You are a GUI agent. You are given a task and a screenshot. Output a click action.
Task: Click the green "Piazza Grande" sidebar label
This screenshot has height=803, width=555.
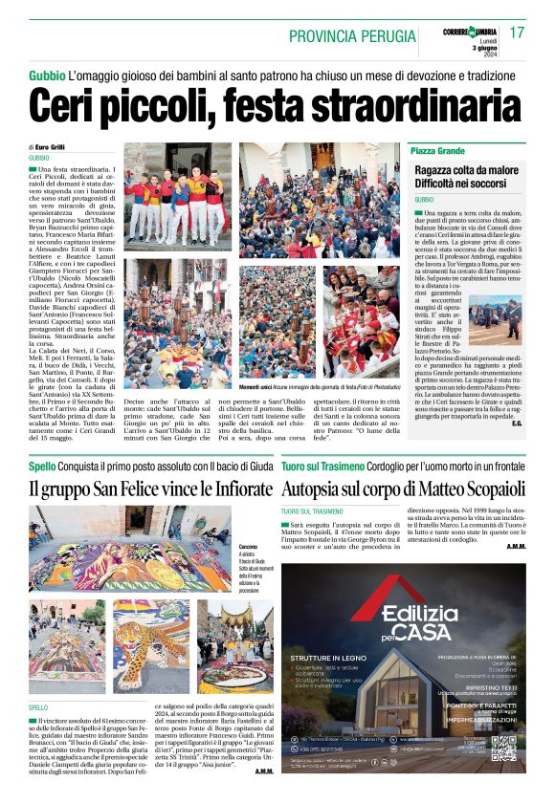point(437,152)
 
